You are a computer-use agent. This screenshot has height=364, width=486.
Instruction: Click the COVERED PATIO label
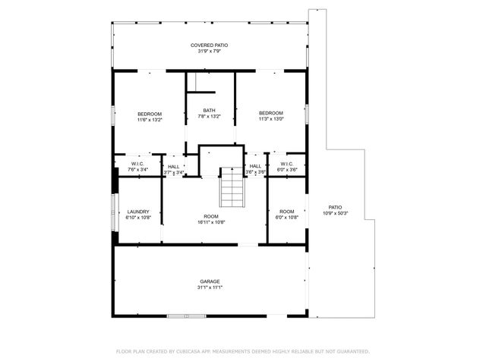[209, 45]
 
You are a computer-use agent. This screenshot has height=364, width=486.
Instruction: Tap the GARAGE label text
[210, 281]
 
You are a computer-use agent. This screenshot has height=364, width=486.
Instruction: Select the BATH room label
[209, 111]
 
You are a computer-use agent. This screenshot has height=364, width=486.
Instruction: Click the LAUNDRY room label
[138, 212]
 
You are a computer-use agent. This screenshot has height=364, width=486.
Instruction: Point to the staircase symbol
[230, 187]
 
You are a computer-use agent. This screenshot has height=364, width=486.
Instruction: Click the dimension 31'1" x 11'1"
[210, 287]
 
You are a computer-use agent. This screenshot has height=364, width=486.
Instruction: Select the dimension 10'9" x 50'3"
[335, 212]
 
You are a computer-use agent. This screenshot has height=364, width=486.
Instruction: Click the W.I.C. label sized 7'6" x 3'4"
[138, 164]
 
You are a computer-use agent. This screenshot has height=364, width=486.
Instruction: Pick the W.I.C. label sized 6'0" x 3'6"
[286, 164]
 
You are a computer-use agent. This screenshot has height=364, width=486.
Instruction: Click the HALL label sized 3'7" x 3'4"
[174, 166]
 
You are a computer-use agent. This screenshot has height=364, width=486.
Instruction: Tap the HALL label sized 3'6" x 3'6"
[255, 166]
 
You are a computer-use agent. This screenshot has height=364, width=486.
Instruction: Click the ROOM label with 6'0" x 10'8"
[286, 212]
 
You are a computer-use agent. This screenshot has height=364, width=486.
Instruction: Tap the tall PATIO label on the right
[335, 206]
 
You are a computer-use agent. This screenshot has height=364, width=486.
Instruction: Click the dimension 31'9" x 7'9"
[209, 52]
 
